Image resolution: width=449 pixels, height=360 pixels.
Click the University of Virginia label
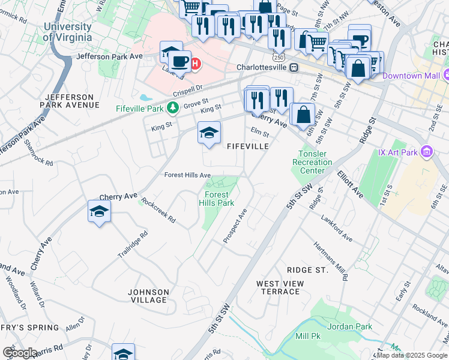[x=67, y=32]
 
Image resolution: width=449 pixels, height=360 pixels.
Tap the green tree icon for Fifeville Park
[x=173, y=108]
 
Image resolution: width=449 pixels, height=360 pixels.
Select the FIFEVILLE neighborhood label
[x=247, y=146]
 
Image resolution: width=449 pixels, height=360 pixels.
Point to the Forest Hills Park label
[x=217, y=199]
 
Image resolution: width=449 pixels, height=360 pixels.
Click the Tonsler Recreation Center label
[x=312, y=162]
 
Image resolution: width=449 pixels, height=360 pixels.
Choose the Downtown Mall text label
[x=411, y=76]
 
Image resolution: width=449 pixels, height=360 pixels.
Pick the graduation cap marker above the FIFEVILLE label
[x=209, y=133]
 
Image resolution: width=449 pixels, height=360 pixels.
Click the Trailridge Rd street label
[x=133, y=245]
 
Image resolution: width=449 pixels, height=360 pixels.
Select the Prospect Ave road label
[x=235, y=226]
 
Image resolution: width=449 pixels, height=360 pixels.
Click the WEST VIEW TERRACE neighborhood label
[x=278, y=287]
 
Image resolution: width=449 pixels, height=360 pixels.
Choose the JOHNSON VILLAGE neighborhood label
[x=148, y=295]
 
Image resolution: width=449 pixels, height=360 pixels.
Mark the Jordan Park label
[x=354, y=326]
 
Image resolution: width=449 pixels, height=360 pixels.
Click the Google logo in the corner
[x=19, y=353]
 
